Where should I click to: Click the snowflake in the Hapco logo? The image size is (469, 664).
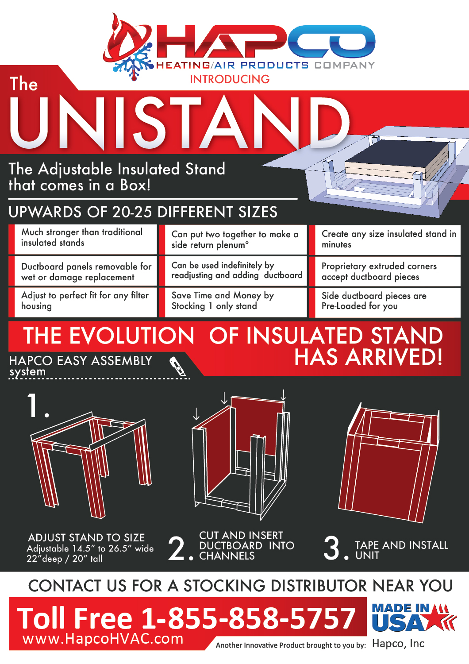[133, 62]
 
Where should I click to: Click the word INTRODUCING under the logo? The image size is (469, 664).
[230, 79]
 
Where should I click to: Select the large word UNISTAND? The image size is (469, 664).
[179, 123]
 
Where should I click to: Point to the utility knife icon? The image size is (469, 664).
[178, 367]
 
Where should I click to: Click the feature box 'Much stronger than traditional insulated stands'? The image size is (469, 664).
[83, 239]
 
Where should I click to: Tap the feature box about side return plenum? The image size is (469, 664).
[233, 239]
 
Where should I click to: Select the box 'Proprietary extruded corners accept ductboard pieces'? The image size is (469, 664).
[385, 271]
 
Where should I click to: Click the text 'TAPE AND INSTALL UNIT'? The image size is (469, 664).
[401, 550]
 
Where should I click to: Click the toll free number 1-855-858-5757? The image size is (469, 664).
[248, 618]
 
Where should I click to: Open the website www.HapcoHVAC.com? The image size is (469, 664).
[103, 638]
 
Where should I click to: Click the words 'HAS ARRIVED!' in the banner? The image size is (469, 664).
[368, 356]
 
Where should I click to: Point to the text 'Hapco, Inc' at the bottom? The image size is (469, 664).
[398, 643]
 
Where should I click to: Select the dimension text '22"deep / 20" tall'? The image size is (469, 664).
[64, 559]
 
